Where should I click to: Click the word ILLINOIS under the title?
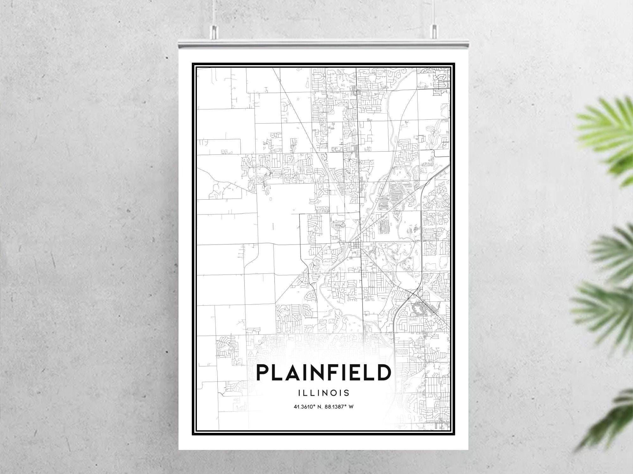point(323,393)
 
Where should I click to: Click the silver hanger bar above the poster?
point(323,44)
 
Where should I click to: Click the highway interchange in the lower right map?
point(413,294)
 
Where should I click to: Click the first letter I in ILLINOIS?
point(299,393)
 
